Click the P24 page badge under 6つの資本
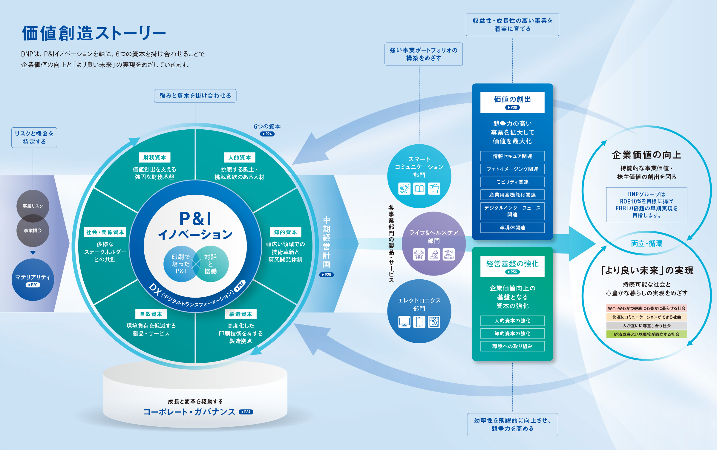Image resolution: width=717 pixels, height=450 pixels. click(267, 134)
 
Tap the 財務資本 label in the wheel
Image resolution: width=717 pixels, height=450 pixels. click(154, 157)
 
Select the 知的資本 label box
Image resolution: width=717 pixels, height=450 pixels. click(285, 232)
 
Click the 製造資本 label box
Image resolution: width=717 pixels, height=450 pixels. click(241, 314)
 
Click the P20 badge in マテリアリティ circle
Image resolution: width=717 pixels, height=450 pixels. click(33, 285)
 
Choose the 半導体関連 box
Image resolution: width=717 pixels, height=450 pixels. click(512, 228)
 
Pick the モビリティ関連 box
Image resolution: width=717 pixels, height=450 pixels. click(512, 182)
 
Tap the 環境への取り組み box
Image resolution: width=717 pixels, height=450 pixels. click(512, 346)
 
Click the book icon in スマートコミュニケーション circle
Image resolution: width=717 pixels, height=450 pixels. click(419, 189)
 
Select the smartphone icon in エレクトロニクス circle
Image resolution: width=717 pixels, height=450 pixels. click(419, 322)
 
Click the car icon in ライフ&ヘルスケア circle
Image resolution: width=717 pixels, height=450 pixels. click(448, 255)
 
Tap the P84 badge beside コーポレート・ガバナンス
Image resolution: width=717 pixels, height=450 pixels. click(246, 412)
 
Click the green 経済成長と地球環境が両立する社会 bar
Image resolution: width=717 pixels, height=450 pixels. click(646, 334)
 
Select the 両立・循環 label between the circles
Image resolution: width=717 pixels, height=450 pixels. click(646, 244)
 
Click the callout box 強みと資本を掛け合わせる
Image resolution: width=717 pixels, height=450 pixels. click(195, 96)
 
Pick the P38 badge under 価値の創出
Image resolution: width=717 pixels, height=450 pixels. click(512, 108)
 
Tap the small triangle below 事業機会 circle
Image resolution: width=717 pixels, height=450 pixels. click(33, 252)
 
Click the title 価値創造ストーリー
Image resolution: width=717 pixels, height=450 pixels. click(94, 33)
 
